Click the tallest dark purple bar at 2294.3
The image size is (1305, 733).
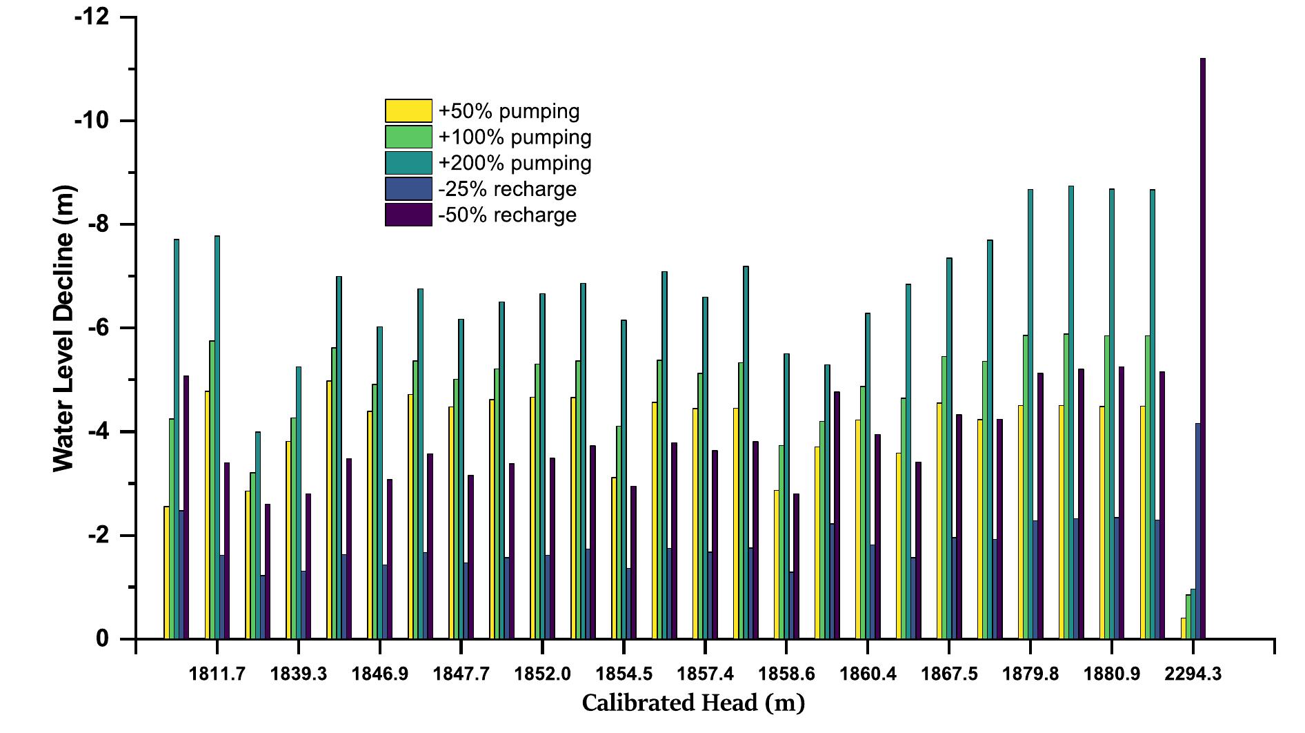[x=1203, y=349]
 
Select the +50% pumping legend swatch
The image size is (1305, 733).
[x=408, y=111]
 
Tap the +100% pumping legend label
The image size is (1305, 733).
[x=515, y=137]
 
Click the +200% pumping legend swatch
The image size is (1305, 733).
[x=408, y=163]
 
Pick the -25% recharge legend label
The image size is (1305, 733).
[x=507, y=189]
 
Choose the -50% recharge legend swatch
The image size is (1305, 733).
[x=408, y=215]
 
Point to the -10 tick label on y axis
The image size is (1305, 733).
[x=92, y=121]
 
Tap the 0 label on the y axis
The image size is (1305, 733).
[x=102, y=639]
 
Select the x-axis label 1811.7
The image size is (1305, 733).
[x=217, y=674]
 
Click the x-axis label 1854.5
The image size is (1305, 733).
[x=624, y=674]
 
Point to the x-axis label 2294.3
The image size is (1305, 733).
[x=1193, y=674]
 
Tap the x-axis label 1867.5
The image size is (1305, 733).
[x=949, y=674]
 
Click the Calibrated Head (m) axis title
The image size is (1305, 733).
[x=693, y=703]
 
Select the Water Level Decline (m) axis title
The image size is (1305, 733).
[x=63, y=329]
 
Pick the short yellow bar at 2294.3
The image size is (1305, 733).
[x=1184, y=628]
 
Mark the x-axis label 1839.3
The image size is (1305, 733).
[x=299, y=674]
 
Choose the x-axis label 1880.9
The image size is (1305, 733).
[x=1111, y=674]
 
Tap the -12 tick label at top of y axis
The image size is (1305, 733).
[x=92, y=17]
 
